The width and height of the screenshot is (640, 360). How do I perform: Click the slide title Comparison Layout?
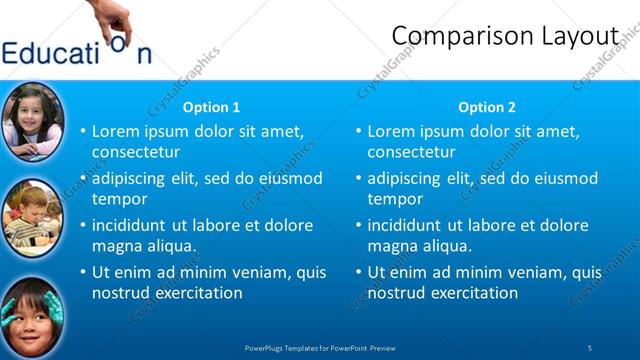504,35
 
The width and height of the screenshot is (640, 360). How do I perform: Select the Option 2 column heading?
487,107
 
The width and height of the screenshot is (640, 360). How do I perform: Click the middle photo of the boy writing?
33,216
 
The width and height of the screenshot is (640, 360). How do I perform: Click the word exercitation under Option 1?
194,293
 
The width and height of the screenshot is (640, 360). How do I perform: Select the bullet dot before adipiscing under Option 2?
358,179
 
